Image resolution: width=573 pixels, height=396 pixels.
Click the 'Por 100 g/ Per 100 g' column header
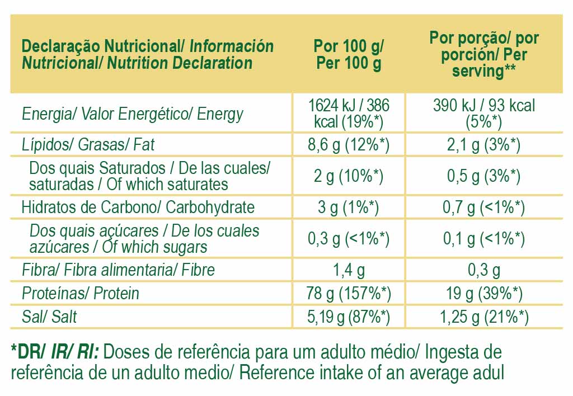tap(349, 54)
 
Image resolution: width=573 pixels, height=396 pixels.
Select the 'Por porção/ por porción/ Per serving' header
tap(484, 54)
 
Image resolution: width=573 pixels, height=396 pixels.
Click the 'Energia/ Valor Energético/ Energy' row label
tap(133, 115)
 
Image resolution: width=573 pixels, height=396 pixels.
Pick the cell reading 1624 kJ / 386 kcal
tap(349, 114)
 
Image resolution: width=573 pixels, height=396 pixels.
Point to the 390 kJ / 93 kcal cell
tap(484, 114)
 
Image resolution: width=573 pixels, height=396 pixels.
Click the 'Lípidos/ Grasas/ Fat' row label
tap(88, 145)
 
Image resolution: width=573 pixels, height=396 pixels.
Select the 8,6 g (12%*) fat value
tap(349, 145)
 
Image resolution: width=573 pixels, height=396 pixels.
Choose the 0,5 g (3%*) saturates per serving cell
tap(484, 176)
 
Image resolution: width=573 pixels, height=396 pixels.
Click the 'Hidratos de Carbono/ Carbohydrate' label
tap(138, 208)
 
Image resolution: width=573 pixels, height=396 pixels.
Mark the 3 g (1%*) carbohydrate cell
tap(349, 208)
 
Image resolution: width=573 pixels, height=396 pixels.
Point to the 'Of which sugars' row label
tap(144, 239)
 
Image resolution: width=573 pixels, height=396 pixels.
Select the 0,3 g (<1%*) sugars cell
tap(349, 239)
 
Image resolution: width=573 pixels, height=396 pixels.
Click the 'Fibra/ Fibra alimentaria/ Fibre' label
tap(118, 270)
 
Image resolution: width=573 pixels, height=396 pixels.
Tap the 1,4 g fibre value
tap(349, 270)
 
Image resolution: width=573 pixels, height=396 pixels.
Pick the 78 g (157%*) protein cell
tap(349, 293)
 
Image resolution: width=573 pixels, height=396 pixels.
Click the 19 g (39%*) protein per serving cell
tap(484, 293)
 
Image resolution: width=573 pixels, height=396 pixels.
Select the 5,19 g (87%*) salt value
tap(349, 317)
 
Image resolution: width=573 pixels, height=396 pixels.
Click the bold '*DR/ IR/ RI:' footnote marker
tap(55, 352)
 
